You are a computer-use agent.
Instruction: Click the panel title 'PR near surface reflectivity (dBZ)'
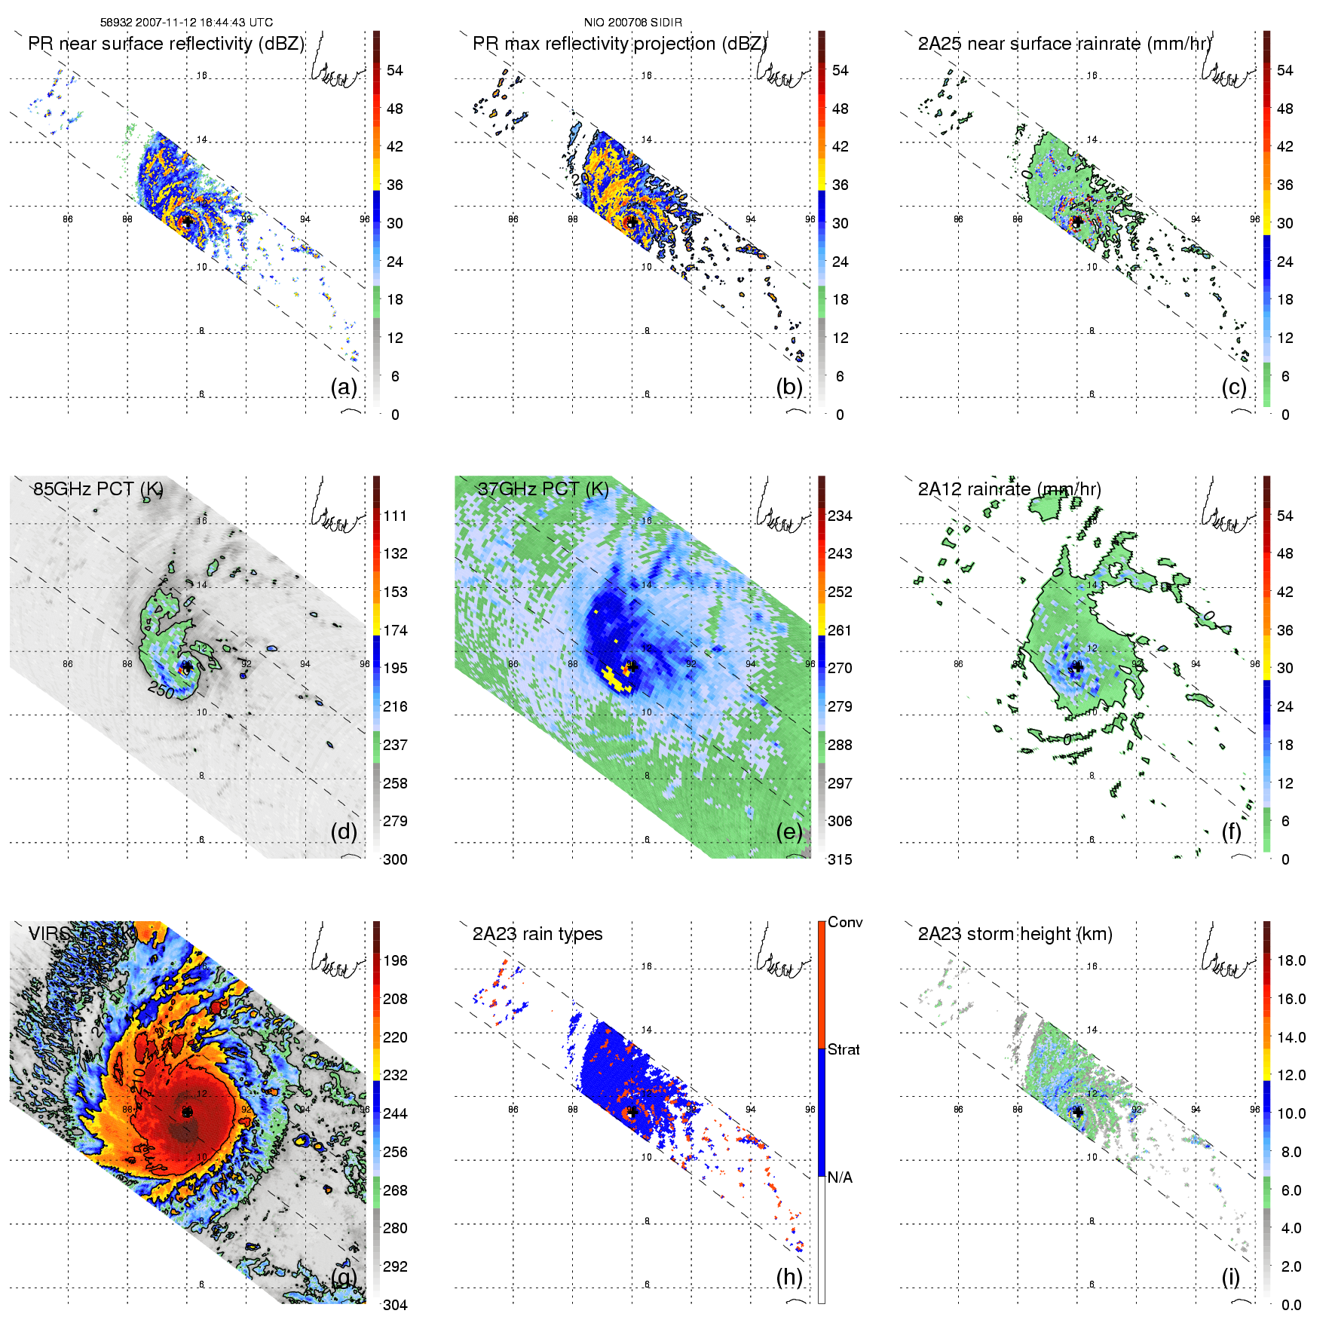[x=166, y=44]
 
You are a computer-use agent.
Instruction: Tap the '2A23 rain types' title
[x=537, y=934]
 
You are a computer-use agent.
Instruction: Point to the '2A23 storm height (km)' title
[x=1015, y=934]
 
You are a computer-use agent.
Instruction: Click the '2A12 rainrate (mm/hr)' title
[x=1009, y=489]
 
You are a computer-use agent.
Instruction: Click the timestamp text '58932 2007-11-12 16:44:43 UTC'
[x=186, y=23]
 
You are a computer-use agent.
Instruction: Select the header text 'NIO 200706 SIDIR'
[x=632, y=23]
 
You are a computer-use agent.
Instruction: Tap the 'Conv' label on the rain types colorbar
[x=845, y=922]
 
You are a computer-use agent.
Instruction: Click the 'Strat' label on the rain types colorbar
[x=844, y=1049]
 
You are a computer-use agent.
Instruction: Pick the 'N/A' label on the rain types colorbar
[x=840, y=1177]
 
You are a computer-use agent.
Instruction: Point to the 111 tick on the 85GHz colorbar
[x=395, y=516]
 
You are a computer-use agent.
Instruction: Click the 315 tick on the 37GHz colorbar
[x=840, y=859]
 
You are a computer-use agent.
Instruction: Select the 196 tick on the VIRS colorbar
[x=395, y=960]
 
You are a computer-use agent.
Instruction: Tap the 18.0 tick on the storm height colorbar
[x=1291, y=960]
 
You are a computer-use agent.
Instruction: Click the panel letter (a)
[x=344, y=387]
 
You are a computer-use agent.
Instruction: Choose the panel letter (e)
[x=788, y=831]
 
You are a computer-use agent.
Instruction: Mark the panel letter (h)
[x=788, y=1276]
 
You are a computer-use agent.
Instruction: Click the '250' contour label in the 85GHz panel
[x=161, y=689]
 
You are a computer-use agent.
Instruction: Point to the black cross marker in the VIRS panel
[x=187, y=1112]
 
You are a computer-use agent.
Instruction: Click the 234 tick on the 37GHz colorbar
[x=840, y=516]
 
